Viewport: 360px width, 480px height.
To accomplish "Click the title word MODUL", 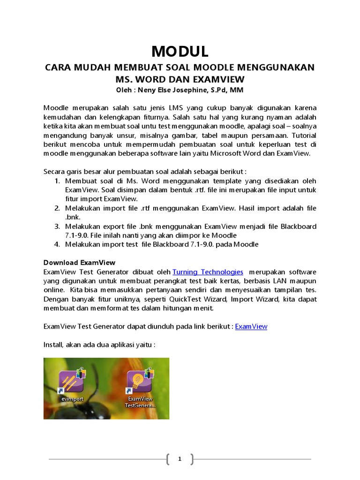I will pyautogui.click(x=180, y=51).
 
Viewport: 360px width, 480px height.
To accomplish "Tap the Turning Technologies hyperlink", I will pyautogui.click(x=208, y=272).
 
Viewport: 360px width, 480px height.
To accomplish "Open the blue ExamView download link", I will pyautogui.click(x=251, y=326).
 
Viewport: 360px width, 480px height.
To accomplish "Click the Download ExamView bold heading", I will pyautogui.click(x=79, y=262).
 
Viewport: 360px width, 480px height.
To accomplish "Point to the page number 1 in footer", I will pyautogui.click(x=180, y=459).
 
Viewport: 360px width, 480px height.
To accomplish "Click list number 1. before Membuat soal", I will pyautogui.click(x=57, y=181).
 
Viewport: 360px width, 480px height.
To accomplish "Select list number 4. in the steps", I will pyautogui.click(x=57, y=244).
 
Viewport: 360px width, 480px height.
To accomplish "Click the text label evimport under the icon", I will pyautogui.click(x=71, y=398).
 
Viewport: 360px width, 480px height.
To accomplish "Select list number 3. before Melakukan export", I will pyautogui.click(x=57, y=226).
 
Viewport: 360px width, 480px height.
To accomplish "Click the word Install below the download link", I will pyautogui.click(x=53, y=345).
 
